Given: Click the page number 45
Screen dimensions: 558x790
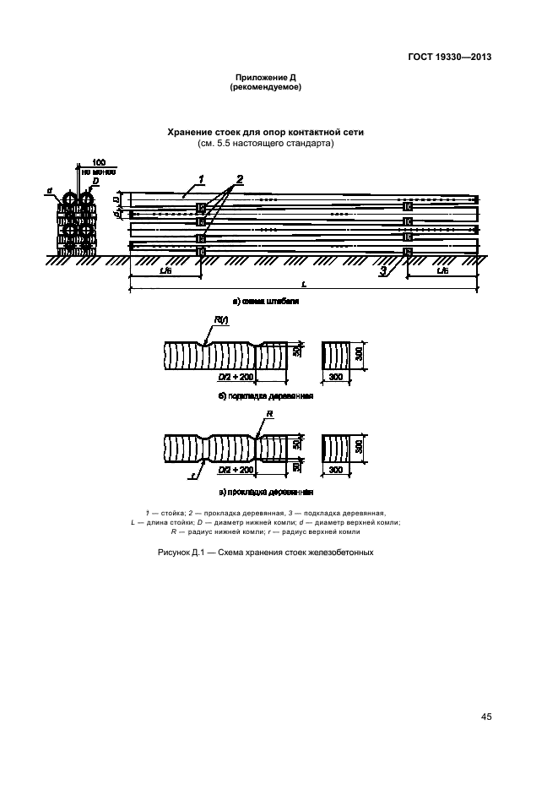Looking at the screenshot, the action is point(486,717).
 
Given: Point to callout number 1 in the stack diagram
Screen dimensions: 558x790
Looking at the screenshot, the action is point(203,178).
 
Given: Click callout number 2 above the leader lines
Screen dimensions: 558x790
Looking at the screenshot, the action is point(240,178).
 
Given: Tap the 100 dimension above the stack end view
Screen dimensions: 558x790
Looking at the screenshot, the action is point(99,161).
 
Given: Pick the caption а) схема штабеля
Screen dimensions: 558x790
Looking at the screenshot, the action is point(267,301).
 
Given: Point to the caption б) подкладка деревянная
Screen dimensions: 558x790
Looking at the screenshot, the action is point(266,395).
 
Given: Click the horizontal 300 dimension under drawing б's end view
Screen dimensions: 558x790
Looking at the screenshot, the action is point(335,377).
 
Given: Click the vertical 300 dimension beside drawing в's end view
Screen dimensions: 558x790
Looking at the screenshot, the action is point(359,448).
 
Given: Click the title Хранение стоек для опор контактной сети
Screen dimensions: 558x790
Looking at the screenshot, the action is point(266,133).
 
